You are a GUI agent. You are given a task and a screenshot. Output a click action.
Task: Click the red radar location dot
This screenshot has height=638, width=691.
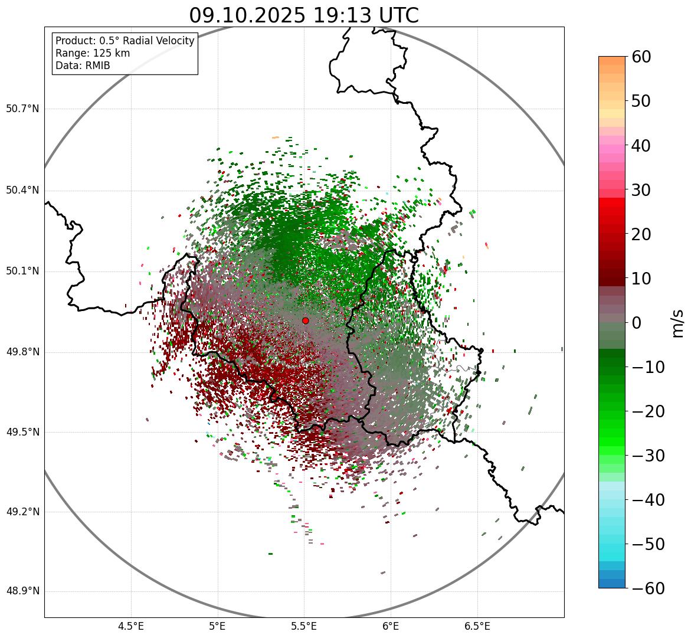tap(306, 320)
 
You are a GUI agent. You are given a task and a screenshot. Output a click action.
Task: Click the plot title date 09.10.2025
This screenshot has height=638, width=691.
tap(247, 15)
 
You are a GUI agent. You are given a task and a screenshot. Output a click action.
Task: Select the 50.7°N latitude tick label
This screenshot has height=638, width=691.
tap(22, 109)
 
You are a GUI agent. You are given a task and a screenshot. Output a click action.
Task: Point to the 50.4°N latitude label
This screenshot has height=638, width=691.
tap(22, 190)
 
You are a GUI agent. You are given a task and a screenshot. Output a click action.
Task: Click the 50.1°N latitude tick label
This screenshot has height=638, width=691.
tap(22, 271)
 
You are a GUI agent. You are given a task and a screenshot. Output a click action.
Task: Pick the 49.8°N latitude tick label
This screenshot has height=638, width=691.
tap(22, 352)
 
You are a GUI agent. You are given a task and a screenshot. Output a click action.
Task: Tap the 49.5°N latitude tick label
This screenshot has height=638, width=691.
tap(22, 432)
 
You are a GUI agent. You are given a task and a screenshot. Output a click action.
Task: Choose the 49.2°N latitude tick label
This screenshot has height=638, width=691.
tap(22, 512)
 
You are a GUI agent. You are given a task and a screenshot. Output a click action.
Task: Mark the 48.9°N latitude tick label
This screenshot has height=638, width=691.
tap(22, 591)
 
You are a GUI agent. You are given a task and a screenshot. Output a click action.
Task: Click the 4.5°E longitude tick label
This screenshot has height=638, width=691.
tap(131, 626)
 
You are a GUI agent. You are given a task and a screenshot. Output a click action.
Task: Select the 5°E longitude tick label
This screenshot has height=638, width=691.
tap(218, 626)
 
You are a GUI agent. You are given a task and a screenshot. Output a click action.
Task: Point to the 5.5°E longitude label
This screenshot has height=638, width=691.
tap(304, 626)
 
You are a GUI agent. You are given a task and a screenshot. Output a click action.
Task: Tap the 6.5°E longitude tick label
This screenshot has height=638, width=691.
tap(477, 626)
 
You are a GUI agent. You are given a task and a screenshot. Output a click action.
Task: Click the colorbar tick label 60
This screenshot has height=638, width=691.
tap(641, 57)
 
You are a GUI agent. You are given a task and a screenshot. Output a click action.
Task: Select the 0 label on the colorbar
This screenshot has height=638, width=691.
tap(637, 323)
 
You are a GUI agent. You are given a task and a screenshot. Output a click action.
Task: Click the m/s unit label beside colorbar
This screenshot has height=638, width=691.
tap(677, 323)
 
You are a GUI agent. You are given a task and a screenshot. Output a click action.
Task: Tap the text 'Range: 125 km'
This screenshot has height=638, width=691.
tap(93, 53)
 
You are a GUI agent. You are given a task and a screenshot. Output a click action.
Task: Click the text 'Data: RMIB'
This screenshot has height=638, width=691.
tap(83, 66)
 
